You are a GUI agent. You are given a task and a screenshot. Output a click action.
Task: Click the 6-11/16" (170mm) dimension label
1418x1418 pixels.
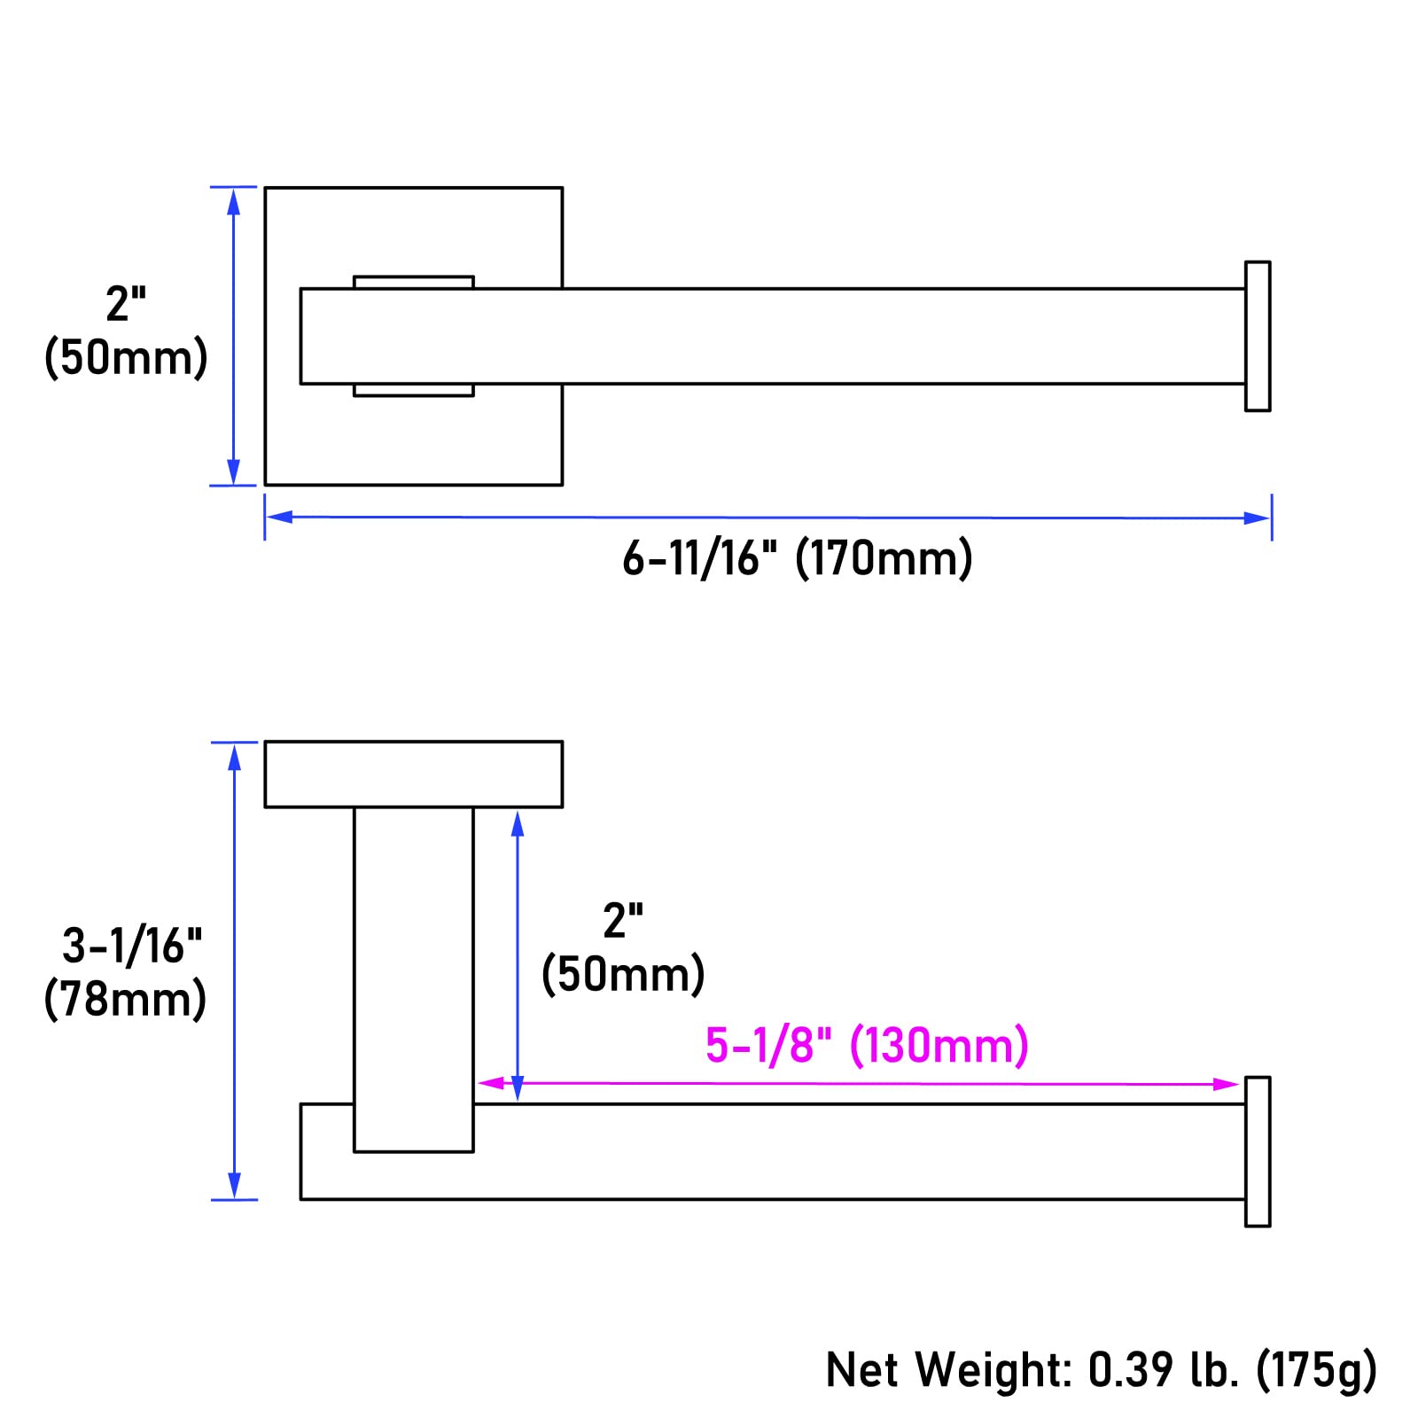coord(797,558)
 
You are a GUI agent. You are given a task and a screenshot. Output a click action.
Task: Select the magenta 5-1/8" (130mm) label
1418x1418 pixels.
coord(867,1045)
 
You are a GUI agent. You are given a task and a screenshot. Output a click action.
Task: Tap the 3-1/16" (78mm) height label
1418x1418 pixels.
coord(127,972)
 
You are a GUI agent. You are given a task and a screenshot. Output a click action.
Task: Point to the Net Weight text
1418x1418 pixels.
coord(948,1369)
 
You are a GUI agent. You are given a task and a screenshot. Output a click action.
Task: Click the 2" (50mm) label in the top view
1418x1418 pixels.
coord(126,331)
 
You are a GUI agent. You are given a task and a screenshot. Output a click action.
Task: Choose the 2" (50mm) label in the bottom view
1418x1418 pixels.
coord(623,948)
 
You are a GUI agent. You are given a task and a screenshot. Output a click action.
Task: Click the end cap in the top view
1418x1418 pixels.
coord(1258,336)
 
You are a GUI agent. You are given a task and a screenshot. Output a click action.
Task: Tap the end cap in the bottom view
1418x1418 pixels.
coord(1258,1151)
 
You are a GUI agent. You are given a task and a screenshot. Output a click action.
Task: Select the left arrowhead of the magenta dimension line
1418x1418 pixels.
coord(491,1083)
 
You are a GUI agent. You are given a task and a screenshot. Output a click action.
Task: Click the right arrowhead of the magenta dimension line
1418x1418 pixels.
coord(1226,1084)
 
